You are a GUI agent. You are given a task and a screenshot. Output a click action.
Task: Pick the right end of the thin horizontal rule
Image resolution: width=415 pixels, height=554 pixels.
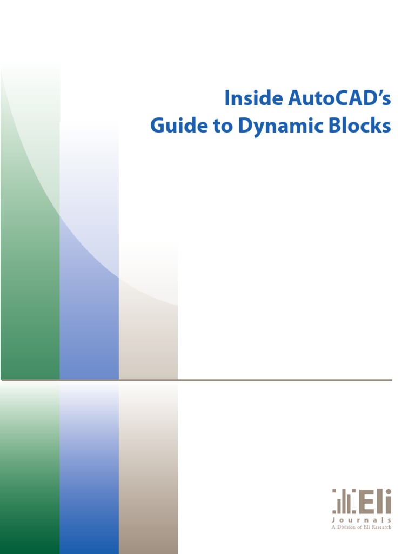click(390, 380)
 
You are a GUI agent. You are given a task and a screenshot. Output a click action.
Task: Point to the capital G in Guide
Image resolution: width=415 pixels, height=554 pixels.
click(158, 126)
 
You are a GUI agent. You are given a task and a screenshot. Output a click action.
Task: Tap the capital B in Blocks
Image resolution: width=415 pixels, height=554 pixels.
click(336, 126)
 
